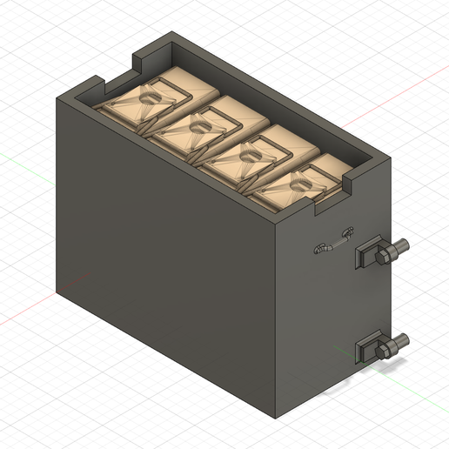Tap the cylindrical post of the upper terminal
click(x=400, y=247)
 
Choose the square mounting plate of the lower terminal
click(x=365, y=349)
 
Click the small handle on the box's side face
click(x=334, y=242)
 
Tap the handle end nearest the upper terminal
click(x=348, y=232)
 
